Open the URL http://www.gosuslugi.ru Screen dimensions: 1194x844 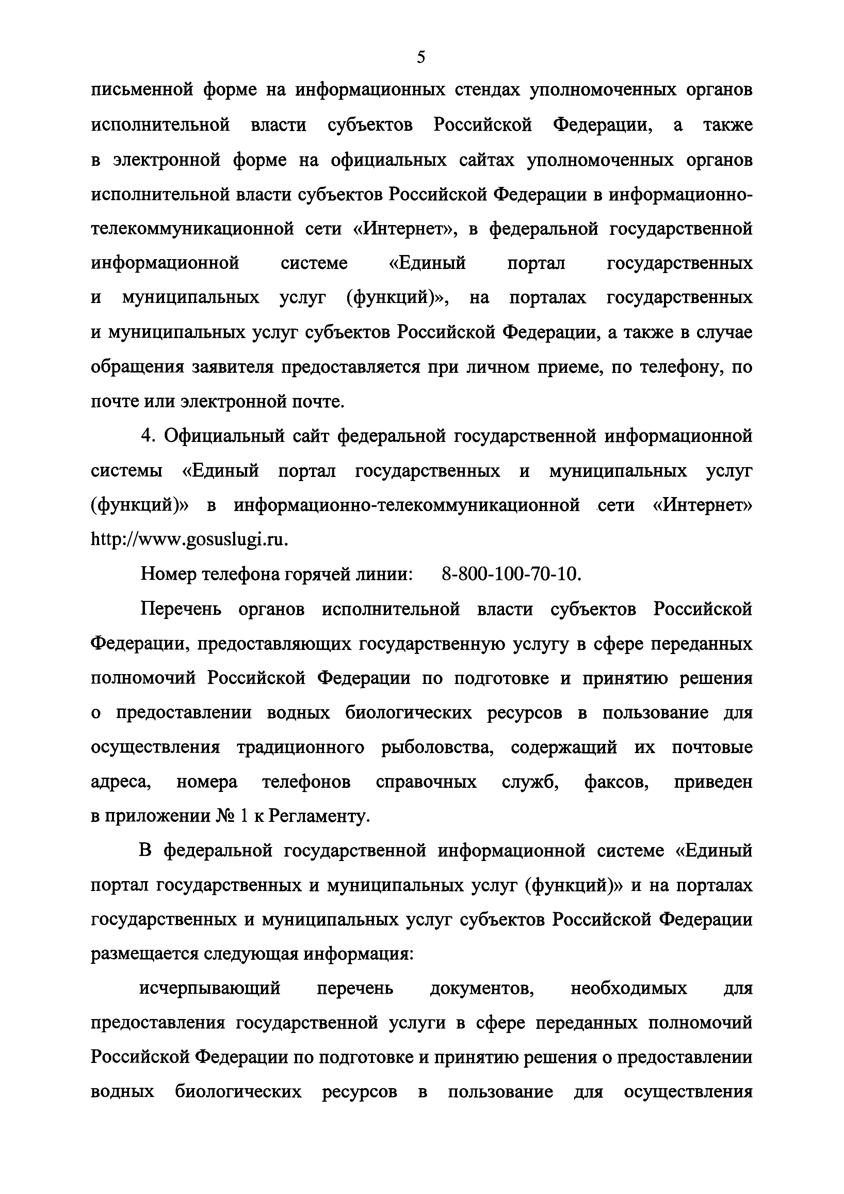189,540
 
